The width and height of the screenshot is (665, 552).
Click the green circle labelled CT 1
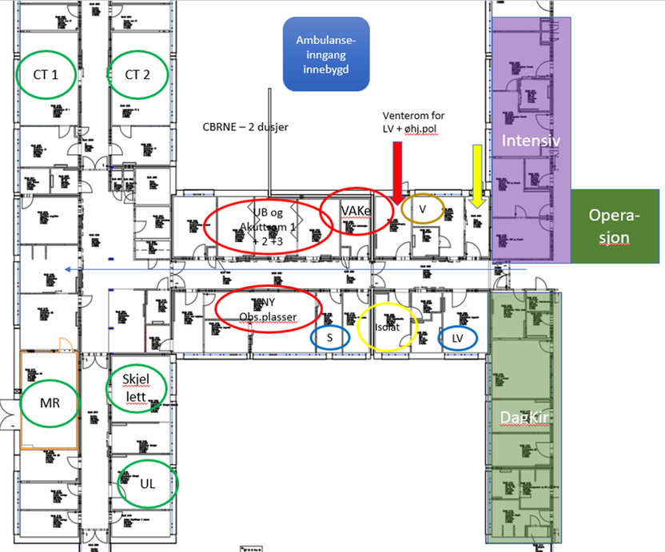pyautogui.click(x=46, y=74)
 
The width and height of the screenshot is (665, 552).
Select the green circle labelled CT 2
pyautogui.click(x=137, y=74)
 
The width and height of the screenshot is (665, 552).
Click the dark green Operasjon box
pyautogui.click(x=615, y=227)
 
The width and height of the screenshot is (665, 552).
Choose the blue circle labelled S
pyautogui.click(x=330, y=338)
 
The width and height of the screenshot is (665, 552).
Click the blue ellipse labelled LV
pyautogui.click(x=458, y=338)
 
